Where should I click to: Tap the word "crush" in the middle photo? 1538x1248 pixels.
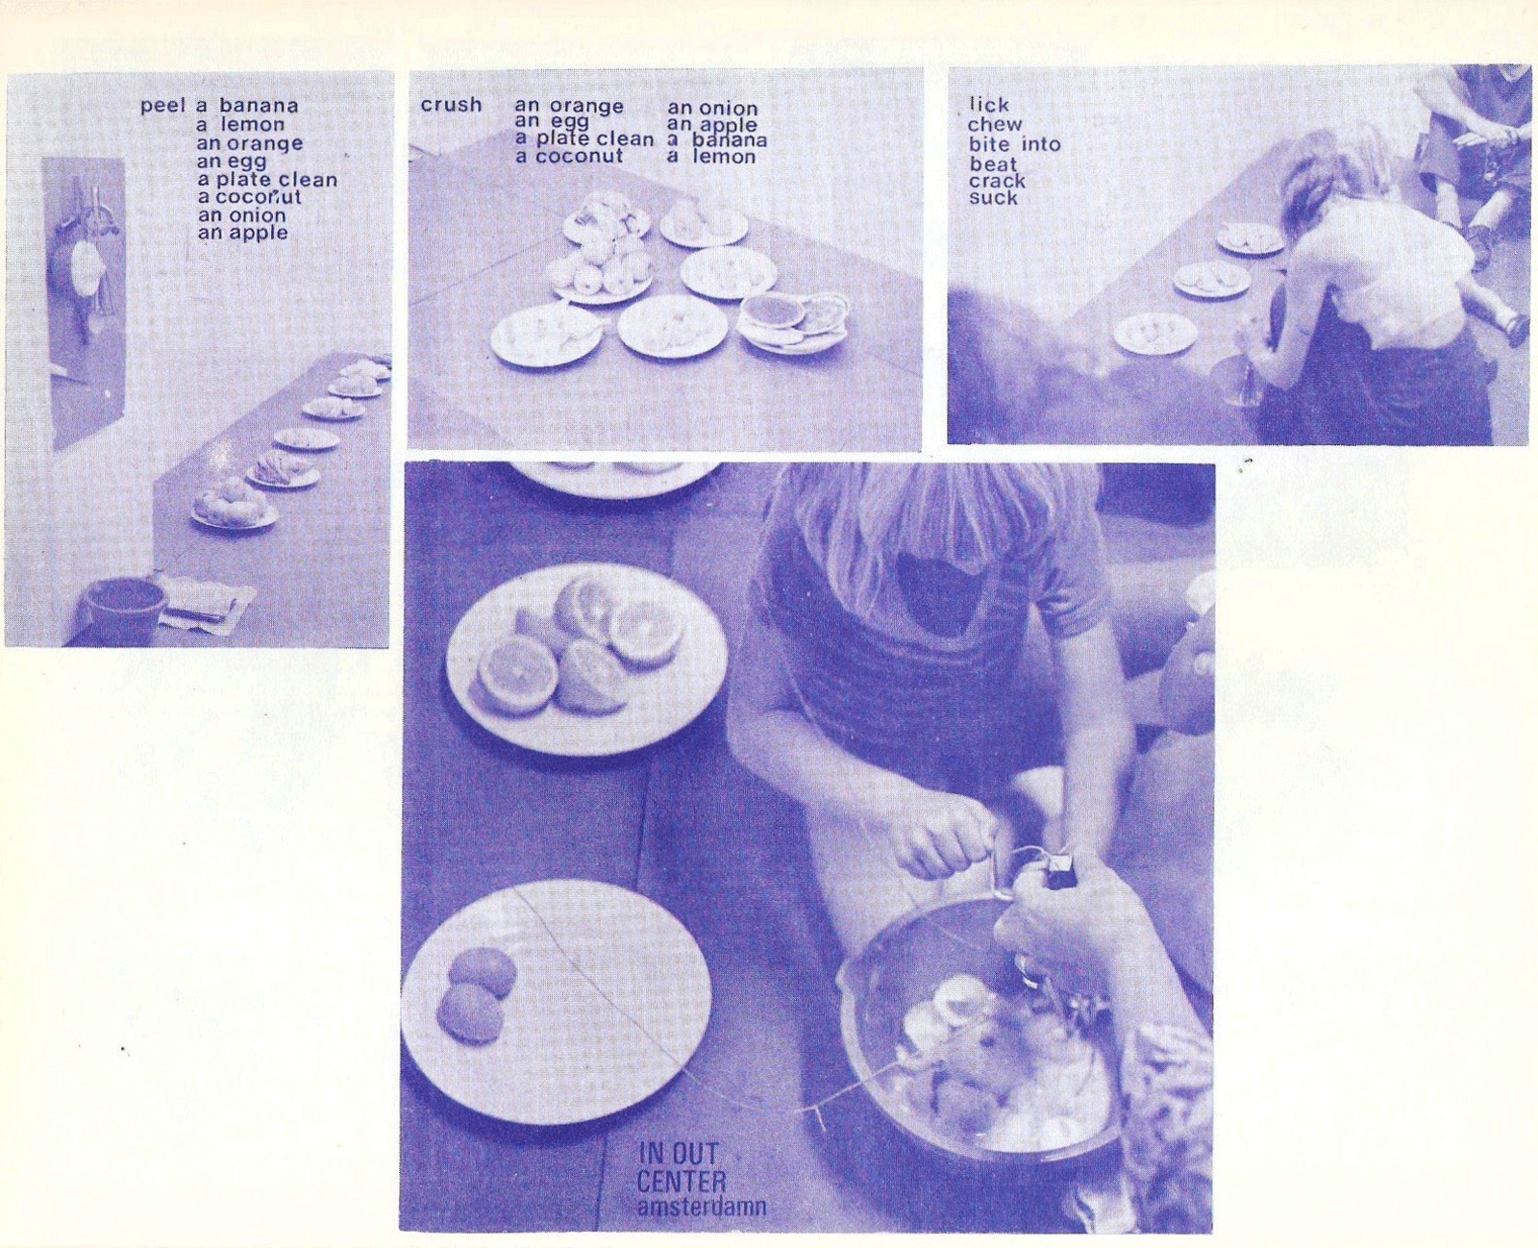tap(451, 105)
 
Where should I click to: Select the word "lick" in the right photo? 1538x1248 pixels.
tap(989, 106)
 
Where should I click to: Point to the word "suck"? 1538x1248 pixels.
tap(994, 198)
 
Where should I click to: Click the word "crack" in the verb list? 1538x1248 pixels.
tap(997, 181)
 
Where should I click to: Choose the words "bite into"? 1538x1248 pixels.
tap(1014, 144)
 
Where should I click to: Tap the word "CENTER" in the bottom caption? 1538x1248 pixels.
tap(681, 1182)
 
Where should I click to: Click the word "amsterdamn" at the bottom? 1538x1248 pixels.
tap(701, 1207)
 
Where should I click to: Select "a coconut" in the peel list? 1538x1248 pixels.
tap(249, 196)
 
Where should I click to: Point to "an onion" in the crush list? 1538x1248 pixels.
tap(712, 109)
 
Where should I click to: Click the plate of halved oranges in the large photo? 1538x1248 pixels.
tap(586, 659)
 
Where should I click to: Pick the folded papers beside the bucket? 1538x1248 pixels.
tap(206, 603)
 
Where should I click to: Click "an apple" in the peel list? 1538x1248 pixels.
tap(242, 233)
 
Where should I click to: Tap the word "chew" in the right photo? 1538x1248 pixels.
tap(995, 125)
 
